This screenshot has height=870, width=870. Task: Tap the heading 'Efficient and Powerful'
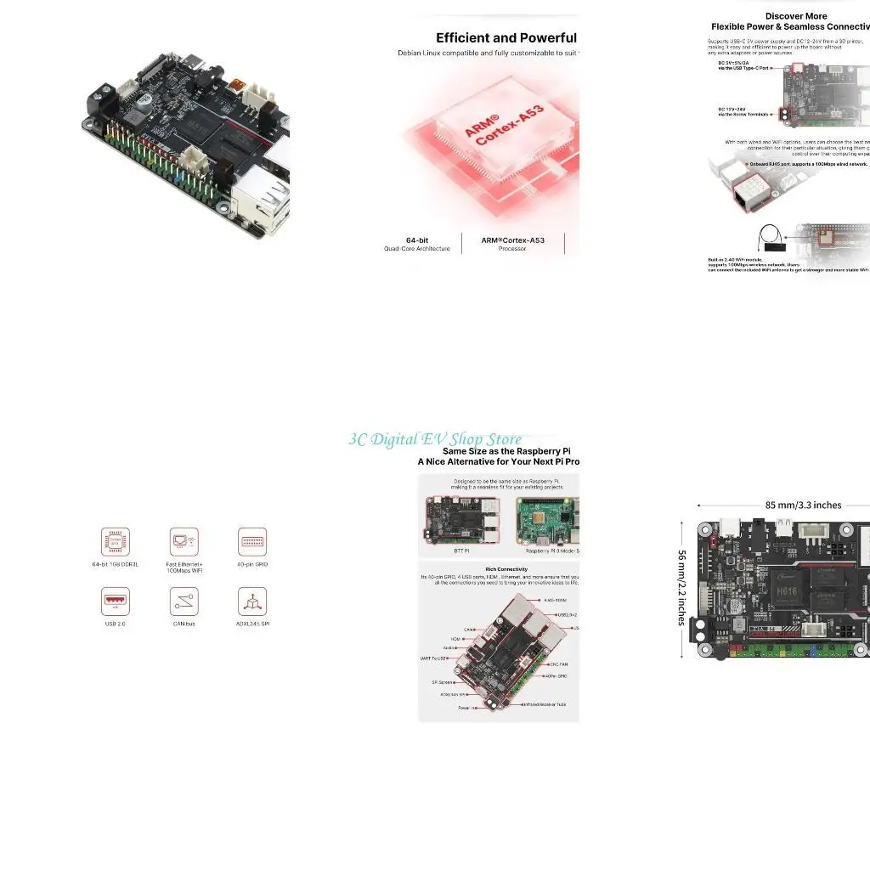coord(506,38)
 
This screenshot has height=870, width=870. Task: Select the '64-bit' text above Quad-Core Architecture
coord(416,240)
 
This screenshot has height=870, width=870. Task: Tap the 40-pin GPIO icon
coord(251,541)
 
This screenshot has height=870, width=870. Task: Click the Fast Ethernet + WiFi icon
coord(184,541)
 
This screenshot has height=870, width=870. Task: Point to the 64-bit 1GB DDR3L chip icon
coord(116,541)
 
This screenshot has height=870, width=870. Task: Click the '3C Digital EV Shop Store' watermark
coord(435,439)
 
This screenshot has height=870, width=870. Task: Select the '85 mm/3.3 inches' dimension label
coord(803,505)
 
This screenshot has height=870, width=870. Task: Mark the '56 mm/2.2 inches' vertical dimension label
coord(681,587)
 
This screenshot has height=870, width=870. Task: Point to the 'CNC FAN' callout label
coord(560,663)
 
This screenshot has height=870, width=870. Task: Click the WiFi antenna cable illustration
coord(771,238)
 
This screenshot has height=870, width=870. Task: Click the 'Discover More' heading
coord(796,16)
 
